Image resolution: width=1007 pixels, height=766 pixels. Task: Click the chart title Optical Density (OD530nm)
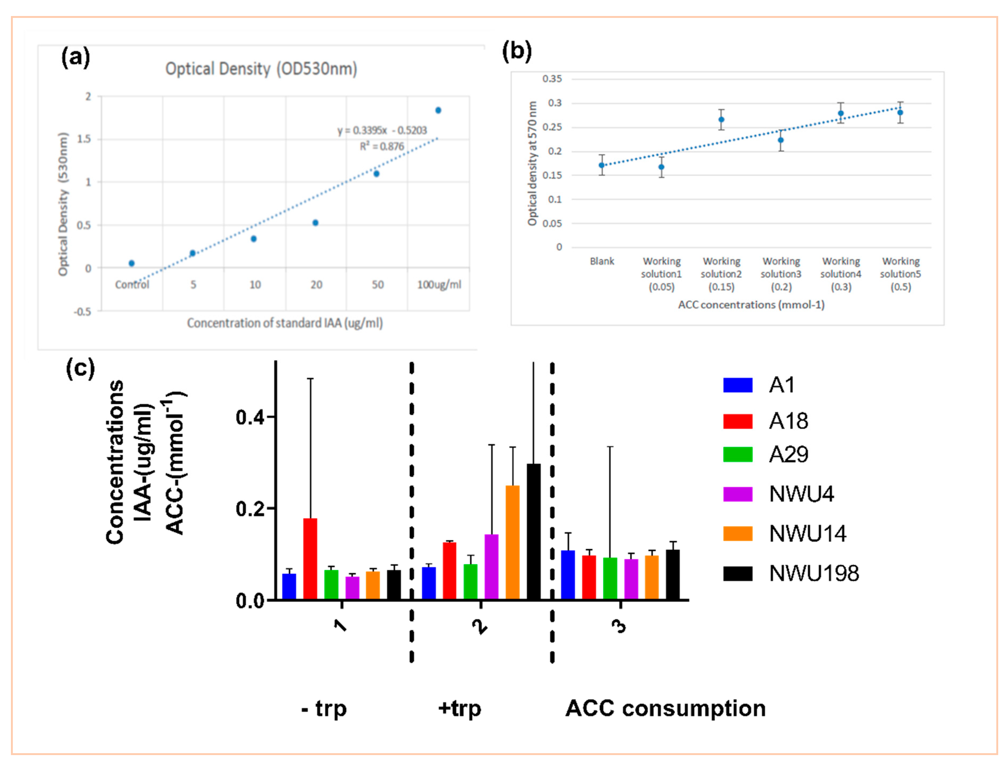click(261, 69)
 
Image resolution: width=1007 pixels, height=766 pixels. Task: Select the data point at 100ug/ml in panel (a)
click(438, 110)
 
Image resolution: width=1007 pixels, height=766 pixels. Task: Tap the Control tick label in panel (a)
click(132, 285)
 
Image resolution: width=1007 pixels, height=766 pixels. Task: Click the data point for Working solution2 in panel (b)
click(721, 120)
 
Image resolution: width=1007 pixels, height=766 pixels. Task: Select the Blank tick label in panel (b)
click(602, 261)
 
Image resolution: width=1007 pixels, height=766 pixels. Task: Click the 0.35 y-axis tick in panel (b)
click(552, 79)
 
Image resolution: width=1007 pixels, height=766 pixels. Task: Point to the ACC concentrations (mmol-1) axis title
click(751, 305)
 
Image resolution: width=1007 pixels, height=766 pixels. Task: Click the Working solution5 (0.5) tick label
click(901, 274)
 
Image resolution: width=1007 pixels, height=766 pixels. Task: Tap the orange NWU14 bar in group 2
click(513, 542)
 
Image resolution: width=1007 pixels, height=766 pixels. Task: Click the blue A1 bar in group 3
click(568, 575)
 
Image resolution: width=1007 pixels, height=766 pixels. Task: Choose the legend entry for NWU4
click(778, 494)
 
